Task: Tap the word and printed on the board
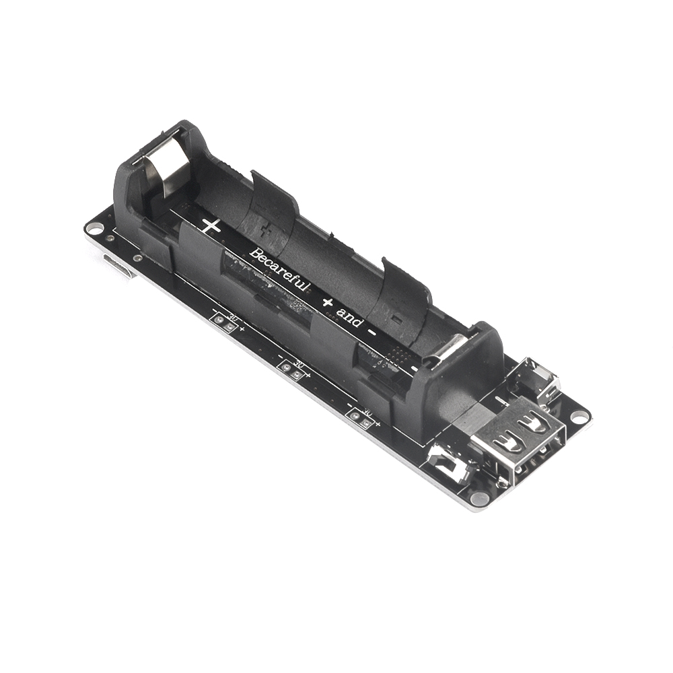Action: coord(350,316)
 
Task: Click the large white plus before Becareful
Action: coord(211,226)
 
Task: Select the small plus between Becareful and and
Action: coord(327,302)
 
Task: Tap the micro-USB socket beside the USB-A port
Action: coord(538,380)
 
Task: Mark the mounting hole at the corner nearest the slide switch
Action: coord(479,499)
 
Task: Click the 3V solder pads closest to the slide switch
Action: coord(361,420)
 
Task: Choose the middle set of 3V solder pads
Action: coord(292,369)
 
